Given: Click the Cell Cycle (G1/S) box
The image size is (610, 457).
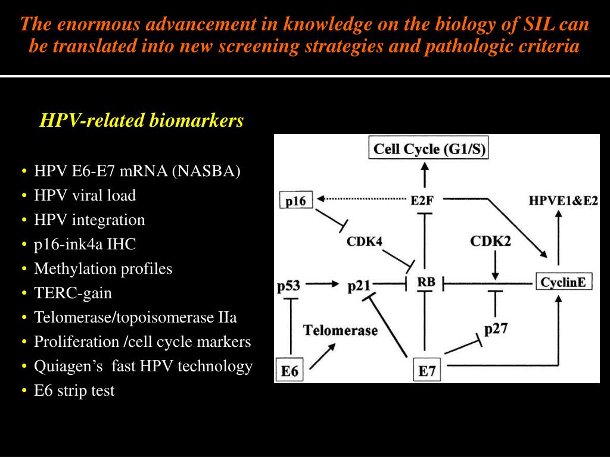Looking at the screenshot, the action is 428,148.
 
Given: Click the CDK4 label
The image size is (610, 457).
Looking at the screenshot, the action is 364,241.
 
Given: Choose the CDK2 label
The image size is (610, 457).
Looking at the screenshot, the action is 490,241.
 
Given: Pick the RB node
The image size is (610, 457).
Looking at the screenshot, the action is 426,282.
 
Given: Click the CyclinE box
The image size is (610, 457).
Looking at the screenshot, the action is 564,282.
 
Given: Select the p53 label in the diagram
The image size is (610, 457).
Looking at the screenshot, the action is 289,286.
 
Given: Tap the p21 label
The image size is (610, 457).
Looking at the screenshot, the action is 359,286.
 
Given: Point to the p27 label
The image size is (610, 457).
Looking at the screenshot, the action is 496,329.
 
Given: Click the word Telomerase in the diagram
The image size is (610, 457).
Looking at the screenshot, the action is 341,330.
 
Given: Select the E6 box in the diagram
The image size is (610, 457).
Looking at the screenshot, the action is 290,371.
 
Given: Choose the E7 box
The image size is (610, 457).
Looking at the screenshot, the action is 427,371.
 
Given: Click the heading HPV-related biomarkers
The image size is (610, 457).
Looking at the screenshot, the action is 142,121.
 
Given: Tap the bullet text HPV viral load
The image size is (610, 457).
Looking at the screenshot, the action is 85,195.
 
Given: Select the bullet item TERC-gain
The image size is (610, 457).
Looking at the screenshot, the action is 73,293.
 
